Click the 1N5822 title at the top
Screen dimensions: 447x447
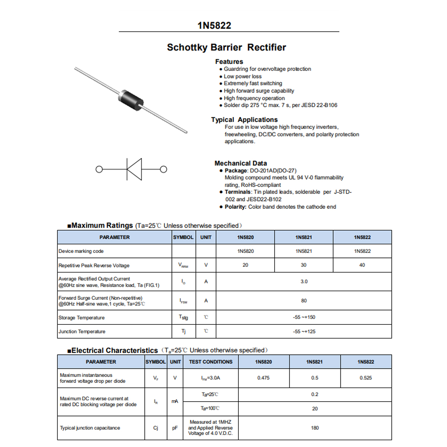click(x=214, y=25)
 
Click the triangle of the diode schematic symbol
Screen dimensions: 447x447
click(x=135, y=169)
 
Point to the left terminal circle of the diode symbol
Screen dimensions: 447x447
click(x=99, y=169)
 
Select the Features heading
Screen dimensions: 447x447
click(x=229, y=61)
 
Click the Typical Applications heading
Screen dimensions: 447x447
click(x=244, y=120)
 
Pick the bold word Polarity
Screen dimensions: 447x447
click(x=235, y=207)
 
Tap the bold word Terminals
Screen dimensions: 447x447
click(x=238, y=192)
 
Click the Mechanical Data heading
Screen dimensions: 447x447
click(x=241, y=163)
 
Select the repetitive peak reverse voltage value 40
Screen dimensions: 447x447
click(x=362, y=265)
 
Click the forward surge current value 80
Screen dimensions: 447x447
click(x=304, y=301)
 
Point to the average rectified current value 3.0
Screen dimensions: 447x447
click(x=304, y=282)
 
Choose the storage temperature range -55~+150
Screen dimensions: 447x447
click(x=304, y=317)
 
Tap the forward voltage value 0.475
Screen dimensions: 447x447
click(x=263, y=378)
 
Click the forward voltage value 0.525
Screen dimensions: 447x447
click(x=366, y=378)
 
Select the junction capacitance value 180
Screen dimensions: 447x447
click(x=315, y=428)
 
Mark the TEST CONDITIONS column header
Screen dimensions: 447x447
click(x=210, y=362)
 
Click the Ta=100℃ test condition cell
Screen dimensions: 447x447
click(x=210, y=409)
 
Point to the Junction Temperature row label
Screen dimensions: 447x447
click(x=82, y=332)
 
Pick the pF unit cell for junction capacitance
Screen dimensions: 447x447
click(x=175, y=428)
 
